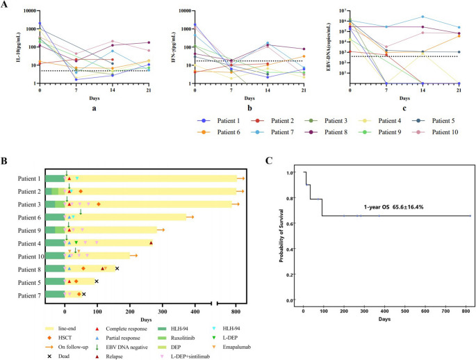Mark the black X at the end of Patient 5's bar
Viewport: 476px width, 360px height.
coord(97,281)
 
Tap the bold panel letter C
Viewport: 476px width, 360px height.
coord(270,160)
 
